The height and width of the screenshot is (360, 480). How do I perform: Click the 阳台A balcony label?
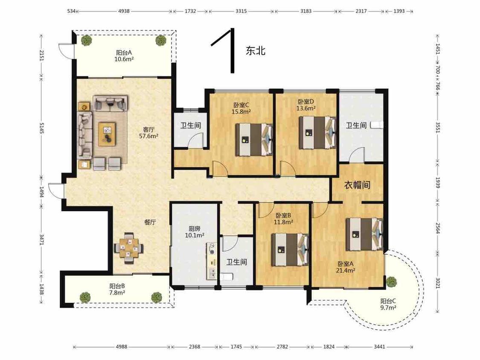(124, 56)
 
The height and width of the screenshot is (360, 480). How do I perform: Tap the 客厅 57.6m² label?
(148, 133)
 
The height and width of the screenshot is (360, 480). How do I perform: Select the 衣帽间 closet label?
(357, 185)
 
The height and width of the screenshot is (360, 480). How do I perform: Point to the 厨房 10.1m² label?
(195, 232)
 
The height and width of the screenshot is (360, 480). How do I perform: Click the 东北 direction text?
(256, 50)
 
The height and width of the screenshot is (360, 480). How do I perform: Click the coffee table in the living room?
(107, 134)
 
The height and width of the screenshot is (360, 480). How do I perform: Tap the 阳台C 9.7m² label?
(388, 305)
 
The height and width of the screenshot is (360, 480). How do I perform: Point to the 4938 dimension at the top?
(124, 11)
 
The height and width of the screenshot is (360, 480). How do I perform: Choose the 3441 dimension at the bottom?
(379, 347)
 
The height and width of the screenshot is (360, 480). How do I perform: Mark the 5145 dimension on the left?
(42, 128)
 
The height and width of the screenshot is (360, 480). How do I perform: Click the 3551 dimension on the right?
(438, 128)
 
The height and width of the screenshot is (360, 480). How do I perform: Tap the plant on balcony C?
(391, 282)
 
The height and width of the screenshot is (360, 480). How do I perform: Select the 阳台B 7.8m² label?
(117, 289)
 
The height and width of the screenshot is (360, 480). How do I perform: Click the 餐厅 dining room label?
(150, 222)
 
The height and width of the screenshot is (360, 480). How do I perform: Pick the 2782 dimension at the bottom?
(282, 347)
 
